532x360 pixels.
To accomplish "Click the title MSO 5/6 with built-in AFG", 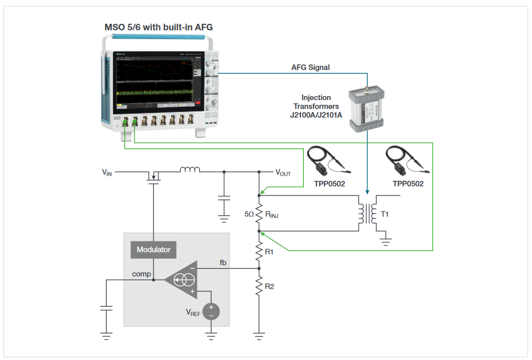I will [x=158, y=27].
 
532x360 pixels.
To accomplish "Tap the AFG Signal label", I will [x=310, y=67].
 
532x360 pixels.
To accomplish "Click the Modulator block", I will [x=153, y=249].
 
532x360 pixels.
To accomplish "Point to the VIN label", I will [x=107, y=173].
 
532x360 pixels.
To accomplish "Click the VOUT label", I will [x=283, y=173].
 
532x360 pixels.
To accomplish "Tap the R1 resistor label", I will [x=269, y=252].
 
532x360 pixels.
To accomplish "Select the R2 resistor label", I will [x=269, y=287].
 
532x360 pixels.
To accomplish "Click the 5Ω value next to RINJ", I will [x=249, y=215].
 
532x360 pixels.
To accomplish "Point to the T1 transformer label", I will [x=385, y=214].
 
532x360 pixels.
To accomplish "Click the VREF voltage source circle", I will [x=211, y=311].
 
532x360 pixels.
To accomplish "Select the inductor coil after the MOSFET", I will [x=190, y=170].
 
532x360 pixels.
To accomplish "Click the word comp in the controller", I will [x=141, y=274].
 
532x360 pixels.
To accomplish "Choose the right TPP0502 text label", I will [x=408, y=184].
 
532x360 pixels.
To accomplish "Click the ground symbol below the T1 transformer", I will [x=385, y=242].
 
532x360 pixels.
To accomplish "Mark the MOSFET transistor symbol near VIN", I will [x=154, y=176].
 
